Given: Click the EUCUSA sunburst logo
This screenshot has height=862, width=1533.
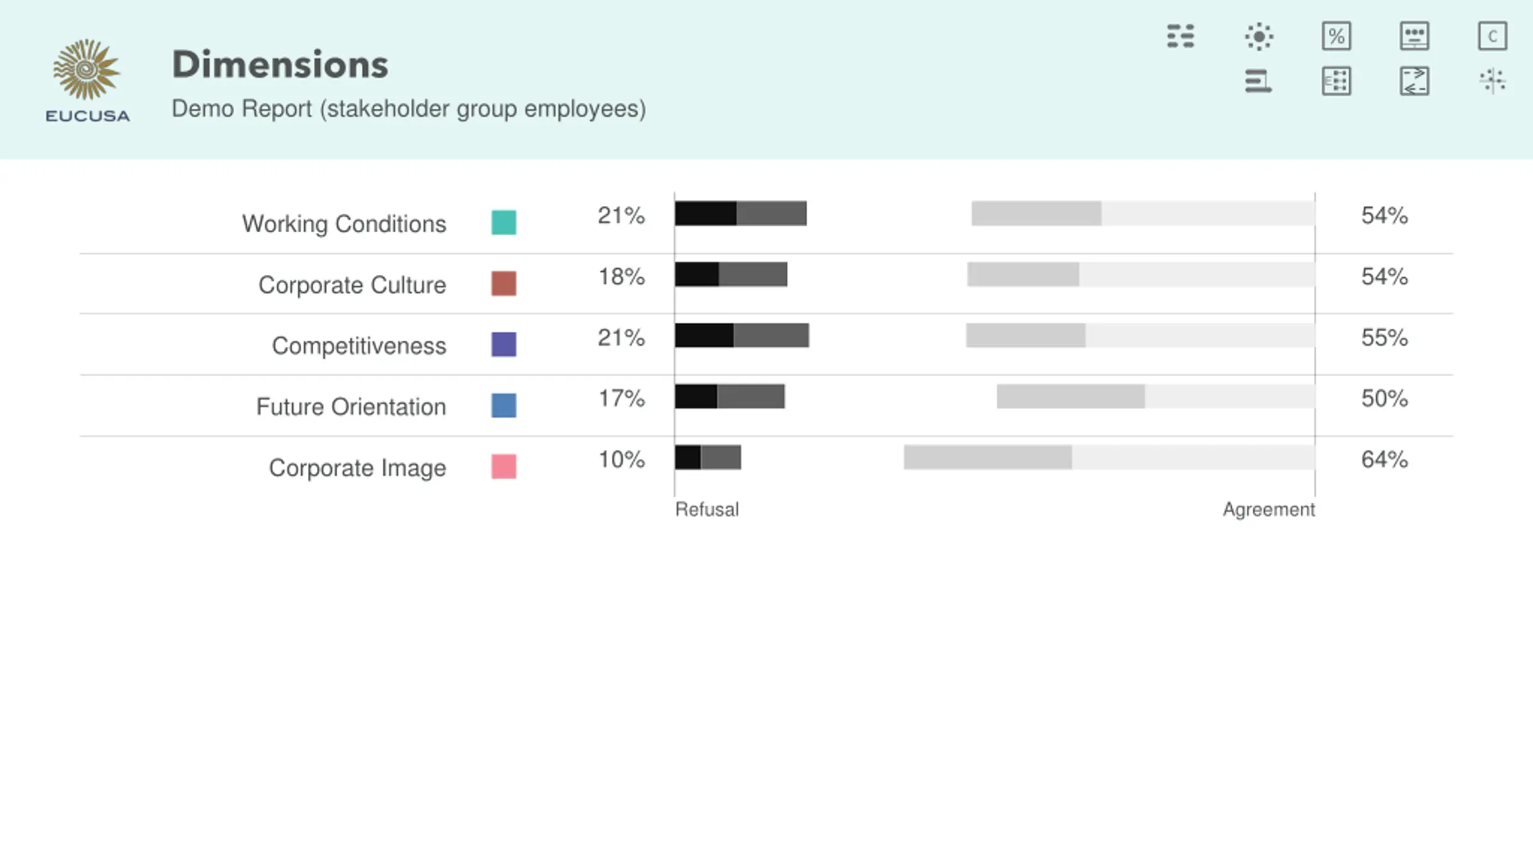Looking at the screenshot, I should pos(87,71).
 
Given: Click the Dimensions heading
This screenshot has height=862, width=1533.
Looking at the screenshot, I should pos(280,65).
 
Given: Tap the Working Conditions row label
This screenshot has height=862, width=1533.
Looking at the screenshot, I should pos(344,224).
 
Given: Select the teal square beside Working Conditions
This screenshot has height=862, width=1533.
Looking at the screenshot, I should pos(504,222).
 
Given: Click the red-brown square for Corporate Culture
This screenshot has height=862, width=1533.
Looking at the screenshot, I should pos(504,283).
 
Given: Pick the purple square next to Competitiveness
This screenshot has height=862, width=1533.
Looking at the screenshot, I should pos(504,344).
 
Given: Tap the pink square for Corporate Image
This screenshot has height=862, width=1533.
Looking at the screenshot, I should pos(504,466).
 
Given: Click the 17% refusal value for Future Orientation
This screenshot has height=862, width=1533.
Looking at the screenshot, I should pos(622,398).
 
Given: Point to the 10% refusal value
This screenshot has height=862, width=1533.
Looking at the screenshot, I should pos(622,459).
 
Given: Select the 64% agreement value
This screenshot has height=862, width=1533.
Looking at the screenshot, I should pos(1384,459).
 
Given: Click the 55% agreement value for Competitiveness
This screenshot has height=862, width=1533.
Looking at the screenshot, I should pos(1384,338).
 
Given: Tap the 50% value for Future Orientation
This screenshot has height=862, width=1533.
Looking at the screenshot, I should pos(1384,398).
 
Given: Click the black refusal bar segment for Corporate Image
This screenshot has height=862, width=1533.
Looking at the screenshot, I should pos(687,457).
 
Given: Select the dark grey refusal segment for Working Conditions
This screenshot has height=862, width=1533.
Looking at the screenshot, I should pos(771,214).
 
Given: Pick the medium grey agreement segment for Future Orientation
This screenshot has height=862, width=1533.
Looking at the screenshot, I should pos(1071,396).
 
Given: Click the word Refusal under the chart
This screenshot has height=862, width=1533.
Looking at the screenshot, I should pos(707,509).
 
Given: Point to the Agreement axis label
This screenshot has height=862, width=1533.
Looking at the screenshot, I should pos(1268,509).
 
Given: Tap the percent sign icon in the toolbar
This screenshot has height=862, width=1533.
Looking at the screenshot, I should pos(1336,37).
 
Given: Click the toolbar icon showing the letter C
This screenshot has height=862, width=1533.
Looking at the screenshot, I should pos(1492,37).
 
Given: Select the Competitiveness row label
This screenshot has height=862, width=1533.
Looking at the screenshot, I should pos(359,346).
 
